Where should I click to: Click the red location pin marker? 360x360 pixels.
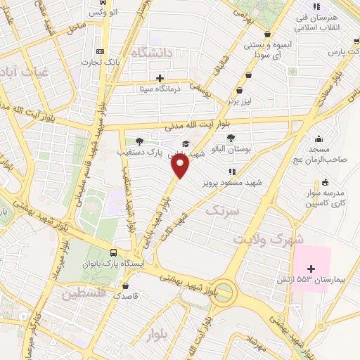click(x=181, y=165)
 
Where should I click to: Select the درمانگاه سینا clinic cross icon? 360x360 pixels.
click(x=160, y=78)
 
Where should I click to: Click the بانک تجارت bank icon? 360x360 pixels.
click(x=101, y=52)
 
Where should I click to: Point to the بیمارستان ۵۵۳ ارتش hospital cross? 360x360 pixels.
click(x=311, y=269)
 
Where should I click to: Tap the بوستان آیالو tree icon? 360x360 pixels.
click(x=233, y=139)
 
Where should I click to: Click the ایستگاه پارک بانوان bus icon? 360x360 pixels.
click(x=113, y=253)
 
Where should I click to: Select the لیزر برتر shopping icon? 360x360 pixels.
click(x=240, y=90)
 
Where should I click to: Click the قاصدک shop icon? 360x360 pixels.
click(x=125, y=286)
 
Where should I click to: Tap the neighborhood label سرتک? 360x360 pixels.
click(x=223, y=210)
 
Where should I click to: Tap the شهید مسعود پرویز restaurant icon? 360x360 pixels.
click(x=231, y=171)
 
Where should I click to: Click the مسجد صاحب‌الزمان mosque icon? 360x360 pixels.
click(x=319, y=139)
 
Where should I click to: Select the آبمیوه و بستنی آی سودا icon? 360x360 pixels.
click(x=267, y=34)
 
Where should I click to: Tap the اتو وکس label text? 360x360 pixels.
click(x=104, y=13)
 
